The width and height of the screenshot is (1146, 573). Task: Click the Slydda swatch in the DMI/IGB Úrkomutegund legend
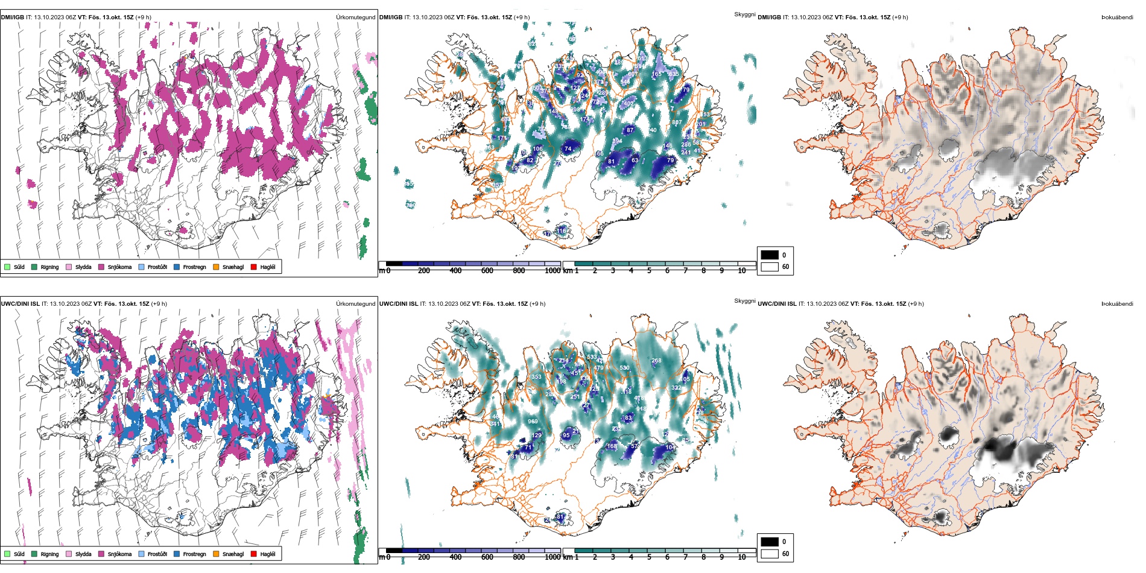point(69,267)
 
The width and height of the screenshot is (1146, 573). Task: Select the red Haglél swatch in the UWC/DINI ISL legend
point(254,554)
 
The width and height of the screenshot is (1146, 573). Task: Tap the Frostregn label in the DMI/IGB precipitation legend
point(194,267)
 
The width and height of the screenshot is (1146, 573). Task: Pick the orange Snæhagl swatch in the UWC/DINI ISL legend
point(216,554)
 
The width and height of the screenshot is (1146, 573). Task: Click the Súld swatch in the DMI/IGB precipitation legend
point(7,267)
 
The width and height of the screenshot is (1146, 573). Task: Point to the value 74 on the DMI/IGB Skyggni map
point(568,149)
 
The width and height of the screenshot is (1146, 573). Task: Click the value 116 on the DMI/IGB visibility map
point(562,231)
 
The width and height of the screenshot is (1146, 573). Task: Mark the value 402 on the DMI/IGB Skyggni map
point(628,104)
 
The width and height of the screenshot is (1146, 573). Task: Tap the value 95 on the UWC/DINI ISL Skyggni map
point(566,435)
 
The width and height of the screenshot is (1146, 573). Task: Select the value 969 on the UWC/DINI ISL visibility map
point(533,422)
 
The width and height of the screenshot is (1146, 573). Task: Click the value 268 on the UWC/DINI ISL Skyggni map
point(656,361)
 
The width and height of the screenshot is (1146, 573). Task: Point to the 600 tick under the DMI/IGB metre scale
point(487,271)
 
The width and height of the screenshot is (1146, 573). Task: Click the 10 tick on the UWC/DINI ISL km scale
point(742,557)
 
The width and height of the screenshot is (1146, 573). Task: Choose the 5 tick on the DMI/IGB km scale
point(649,271)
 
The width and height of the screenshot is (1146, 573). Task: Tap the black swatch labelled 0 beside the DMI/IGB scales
point(770,255)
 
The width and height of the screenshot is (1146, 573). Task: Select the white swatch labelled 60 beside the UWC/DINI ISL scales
point(770,554)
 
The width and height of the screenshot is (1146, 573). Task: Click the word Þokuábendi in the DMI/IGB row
point(1117,17)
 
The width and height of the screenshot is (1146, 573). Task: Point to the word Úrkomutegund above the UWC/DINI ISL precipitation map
point(355,304)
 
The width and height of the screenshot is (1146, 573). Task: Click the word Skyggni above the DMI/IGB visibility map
point(744,14)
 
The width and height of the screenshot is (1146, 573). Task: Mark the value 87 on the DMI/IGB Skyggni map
point(630,130)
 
